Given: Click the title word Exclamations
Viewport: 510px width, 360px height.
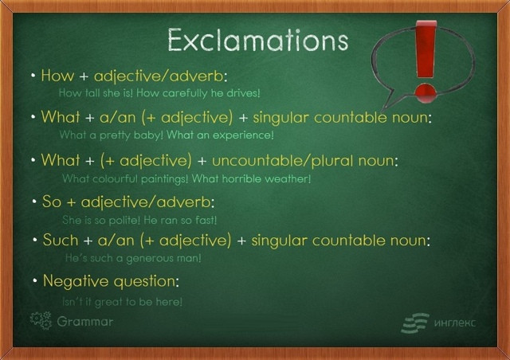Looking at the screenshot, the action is click(x=258, y=40).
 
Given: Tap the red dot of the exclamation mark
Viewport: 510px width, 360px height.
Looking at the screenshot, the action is click(x=426, y=93).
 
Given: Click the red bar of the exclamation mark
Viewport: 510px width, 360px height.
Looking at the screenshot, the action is click(x=426, y=49).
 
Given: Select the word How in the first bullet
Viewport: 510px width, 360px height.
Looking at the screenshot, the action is click(x=57, y=76).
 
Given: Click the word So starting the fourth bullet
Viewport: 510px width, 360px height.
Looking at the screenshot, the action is click(x=52, y=202).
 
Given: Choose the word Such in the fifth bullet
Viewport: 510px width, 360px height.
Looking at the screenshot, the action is click(x=61, y=241).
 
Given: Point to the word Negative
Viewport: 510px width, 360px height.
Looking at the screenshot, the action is click(x=76, y=281).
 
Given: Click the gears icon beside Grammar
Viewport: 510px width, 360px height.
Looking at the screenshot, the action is click(x=41, y=320).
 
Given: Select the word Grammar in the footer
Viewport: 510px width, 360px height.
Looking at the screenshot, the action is click(x=85, y=322).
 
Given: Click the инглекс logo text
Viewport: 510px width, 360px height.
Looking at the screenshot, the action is click(x=455, y=323).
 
